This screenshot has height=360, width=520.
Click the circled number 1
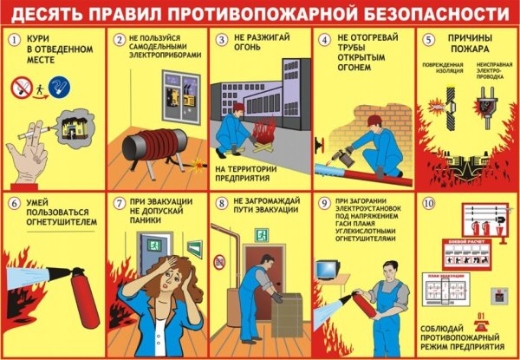pyautogui.click(x=13, y=40)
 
